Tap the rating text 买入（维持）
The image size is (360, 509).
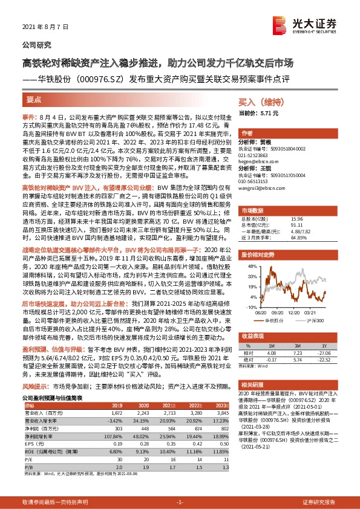coord(258,103)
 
